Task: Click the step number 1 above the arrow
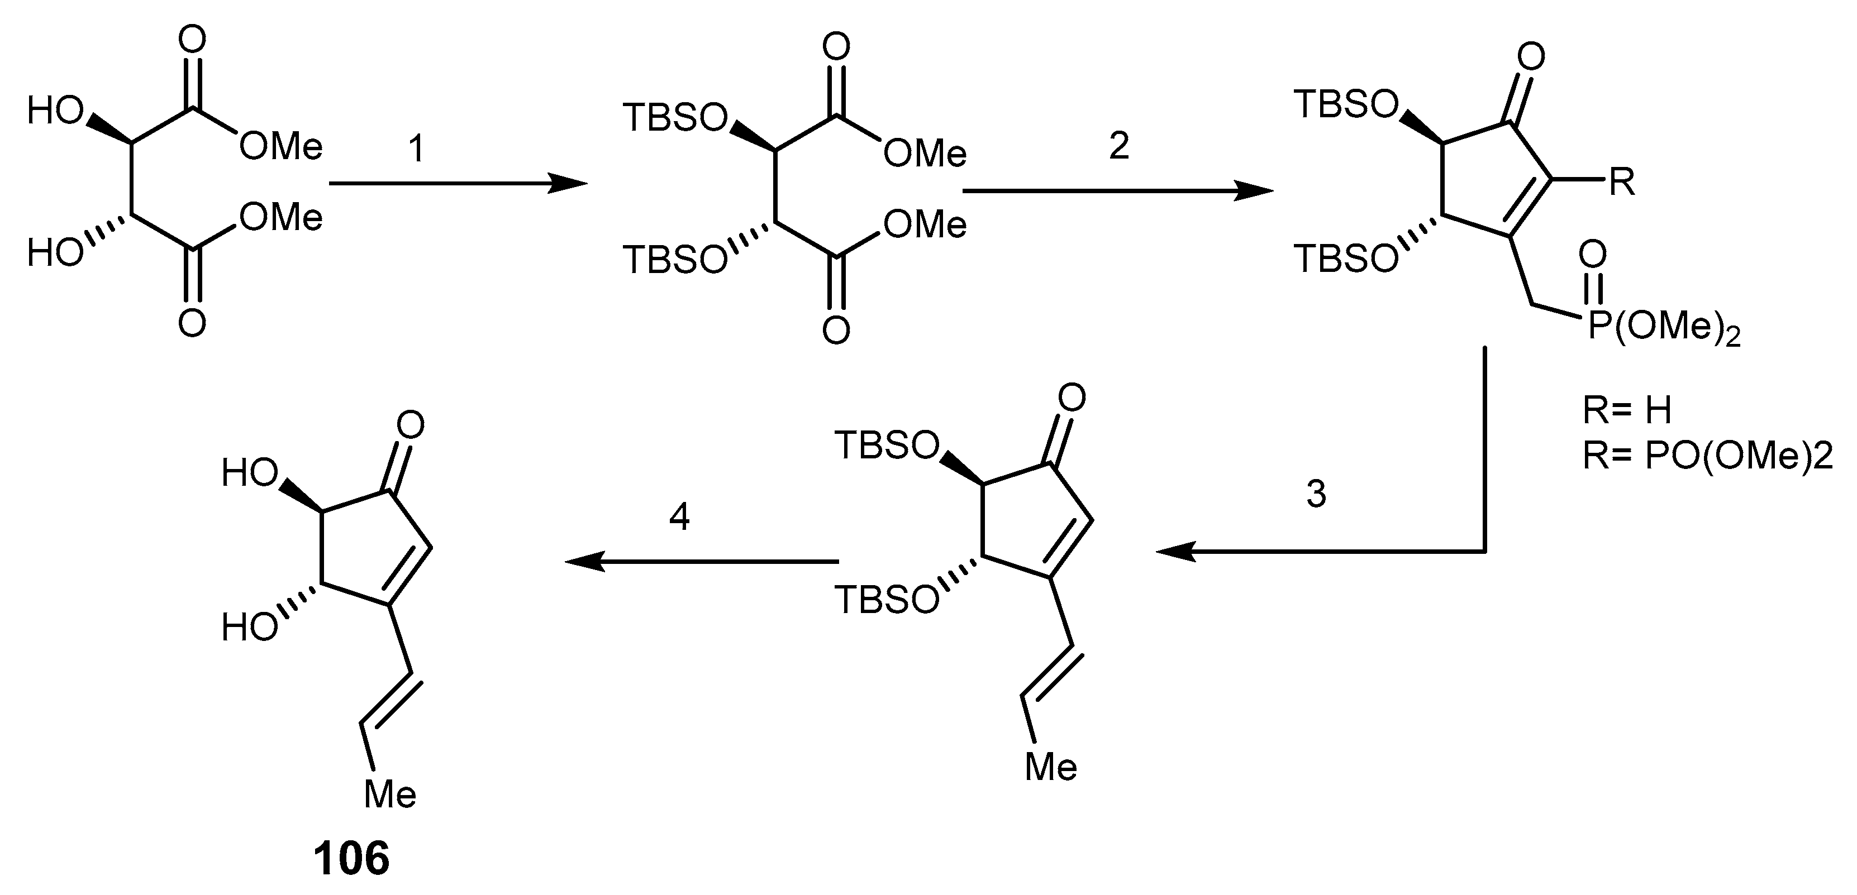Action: pyautogui.click(x=417, y=149)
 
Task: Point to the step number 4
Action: pyautogui.click(x=679, y=516)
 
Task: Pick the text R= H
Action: pyautogui.click(x=1626, y=411)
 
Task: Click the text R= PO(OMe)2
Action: pyautogui.click(x=1707, y=457)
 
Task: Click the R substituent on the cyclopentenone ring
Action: pyautogui.click(x=1622, y=183)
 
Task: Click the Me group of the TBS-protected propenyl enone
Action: pyautogui.click(x=1051, y=768)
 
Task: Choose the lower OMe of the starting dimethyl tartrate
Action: pyautogui.click(x=281, y=217)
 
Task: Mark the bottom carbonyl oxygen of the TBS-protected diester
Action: pyautogui.click(x=836, y=331)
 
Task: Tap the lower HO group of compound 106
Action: pyautogui.click(x=249, y=628)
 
